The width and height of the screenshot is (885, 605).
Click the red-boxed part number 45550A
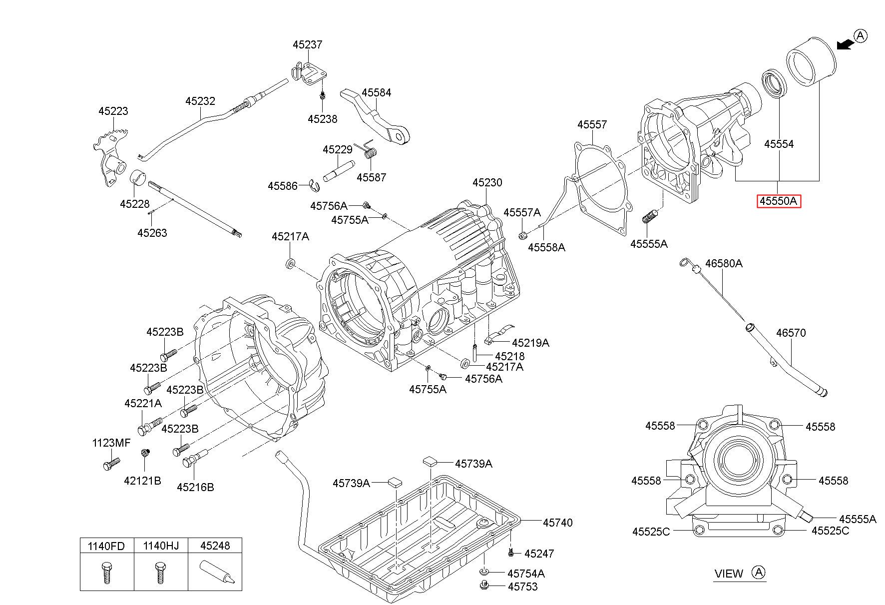779,201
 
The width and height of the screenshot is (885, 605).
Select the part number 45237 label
307,44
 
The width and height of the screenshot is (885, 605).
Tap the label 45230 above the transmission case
487,183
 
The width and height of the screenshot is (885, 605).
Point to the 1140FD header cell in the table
106,546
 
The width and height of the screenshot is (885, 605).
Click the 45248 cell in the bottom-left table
215,546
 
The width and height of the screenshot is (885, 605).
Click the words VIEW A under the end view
740,574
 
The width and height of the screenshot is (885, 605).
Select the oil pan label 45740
557,523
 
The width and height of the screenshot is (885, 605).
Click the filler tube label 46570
791,333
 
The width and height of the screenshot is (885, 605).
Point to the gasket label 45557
592,125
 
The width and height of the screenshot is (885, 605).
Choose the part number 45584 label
376,93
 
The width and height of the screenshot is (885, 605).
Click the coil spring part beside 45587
370,150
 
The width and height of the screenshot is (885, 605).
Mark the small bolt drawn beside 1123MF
111,463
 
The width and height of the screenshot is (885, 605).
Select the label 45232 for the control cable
200,101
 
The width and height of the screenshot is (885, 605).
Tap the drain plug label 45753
522,587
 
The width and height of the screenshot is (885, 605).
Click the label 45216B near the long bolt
195,487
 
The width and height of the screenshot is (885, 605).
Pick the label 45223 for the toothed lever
113,111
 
